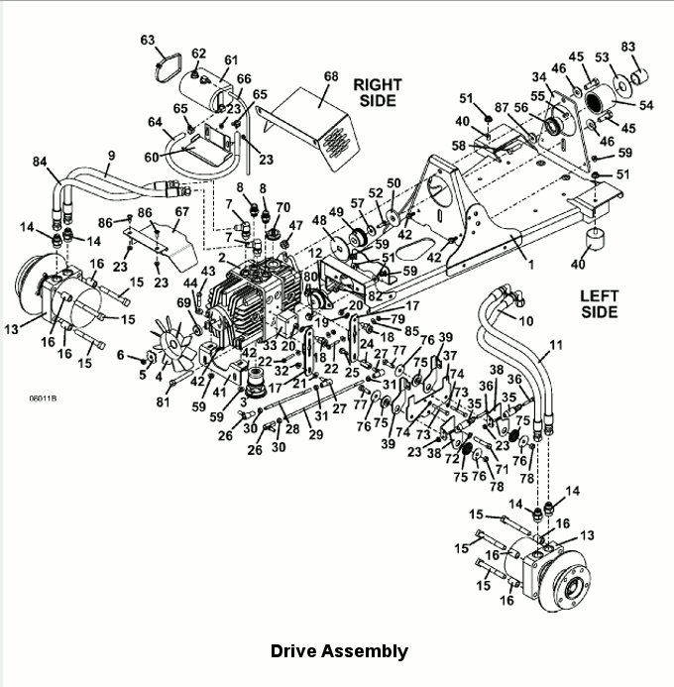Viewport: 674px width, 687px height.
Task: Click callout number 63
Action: tap(148, 41)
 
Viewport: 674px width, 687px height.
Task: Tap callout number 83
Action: tap(627, 47)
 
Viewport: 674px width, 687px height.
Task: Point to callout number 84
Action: tap(39, 162)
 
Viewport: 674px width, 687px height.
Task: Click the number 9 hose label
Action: tap(111, 156)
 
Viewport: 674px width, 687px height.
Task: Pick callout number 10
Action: tap(525, 321)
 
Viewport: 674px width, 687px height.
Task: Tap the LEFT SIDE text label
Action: tap(601, 303)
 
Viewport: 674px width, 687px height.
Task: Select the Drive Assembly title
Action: tap(339, 651)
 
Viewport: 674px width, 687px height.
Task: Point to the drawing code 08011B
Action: tap(44, 400)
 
